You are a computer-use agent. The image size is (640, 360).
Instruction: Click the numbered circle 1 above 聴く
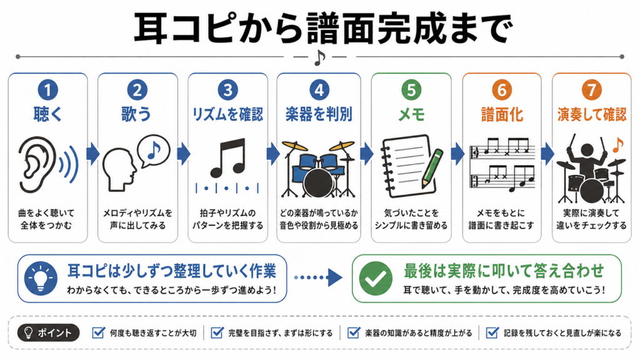click(x=47, y=90)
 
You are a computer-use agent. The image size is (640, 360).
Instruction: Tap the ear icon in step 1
click(x=37, y=164)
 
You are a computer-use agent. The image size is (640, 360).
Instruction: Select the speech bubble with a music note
click(x=154, y=151)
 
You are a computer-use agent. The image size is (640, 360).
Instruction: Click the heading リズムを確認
click(x=227, y=115)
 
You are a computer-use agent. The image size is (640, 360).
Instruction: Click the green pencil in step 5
click(x=432, y=168)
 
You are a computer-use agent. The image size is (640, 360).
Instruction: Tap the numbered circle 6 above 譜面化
click(x=502, y=90)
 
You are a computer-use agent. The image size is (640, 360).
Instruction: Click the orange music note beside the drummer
click(x=618, y=145)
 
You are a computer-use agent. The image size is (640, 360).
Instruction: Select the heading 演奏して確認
click(x=591, y=115)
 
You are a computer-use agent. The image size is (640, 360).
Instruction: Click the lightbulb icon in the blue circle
click(x=41, y=278)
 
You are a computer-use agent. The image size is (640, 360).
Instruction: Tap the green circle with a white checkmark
click(x=376, y=278)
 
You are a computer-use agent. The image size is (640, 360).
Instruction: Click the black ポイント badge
click(x=48, y=333)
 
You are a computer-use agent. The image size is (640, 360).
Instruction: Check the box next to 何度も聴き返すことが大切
click(x=98, y=332)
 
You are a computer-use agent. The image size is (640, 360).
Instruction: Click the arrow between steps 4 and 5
click(x=366, y=154)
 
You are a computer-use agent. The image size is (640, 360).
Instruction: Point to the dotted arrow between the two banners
click(x=318, y=277)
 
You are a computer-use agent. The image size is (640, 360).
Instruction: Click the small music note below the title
click(x=319, y=57)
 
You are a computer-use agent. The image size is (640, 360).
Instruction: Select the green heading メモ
click(x=411, y=115)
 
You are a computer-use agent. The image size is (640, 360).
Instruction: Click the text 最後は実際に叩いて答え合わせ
click(x=504, y=271)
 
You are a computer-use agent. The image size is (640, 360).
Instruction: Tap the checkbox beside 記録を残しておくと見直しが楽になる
click(x=492, y=332)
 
